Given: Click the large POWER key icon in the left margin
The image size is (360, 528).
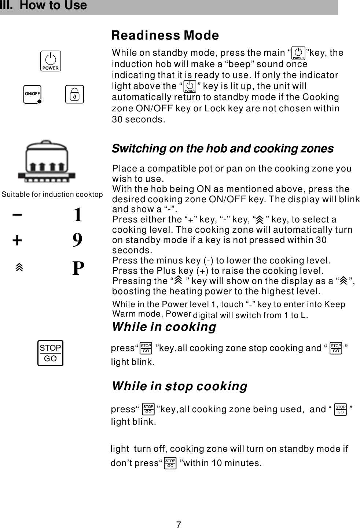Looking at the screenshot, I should [x=51, y=61].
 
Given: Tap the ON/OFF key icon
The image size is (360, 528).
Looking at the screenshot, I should [x=32, y=95].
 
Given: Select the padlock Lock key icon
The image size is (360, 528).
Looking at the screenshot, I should [x=74, y=95].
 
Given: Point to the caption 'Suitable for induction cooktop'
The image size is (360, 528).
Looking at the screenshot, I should [x=52, y=194].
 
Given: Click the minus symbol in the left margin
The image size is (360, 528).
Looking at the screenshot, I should [x=17, y=214].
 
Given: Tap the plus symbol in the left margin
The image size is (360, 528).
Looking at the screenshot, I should [x=17, y=241].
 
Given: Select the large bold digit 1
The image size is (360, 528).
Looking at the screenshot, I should [x=77, y=215].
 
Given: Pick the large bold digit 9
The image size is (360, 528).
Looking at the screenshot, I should [x=77, y=240].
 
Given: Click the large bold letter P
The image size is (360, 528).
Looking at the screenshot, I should [x=78, y=268].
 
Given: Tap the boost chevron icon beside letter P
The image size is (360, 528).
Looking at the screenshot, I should [x=19, y=267].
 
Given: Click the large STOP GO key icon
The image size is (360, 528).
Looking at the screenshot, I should [x=50, y=353].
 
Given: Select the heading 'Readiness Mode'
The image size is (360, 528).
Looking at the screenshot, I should [x=165, y=36].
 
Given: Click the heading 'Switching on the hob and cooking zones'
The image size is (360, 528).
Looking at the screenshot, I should [x=223, y=148].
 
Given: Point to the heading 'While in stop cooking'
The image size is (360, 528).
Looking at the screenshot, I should [x=180, y=386].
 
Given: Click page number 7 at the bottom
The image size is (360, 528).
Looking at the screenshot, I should [x=179, y=525].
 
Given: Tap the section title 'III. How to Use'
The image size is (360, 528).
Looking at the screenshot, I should [x=44, y=5].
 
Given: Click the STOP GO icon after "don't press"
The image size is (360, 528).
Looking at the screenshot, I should [x=170, y=463].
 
